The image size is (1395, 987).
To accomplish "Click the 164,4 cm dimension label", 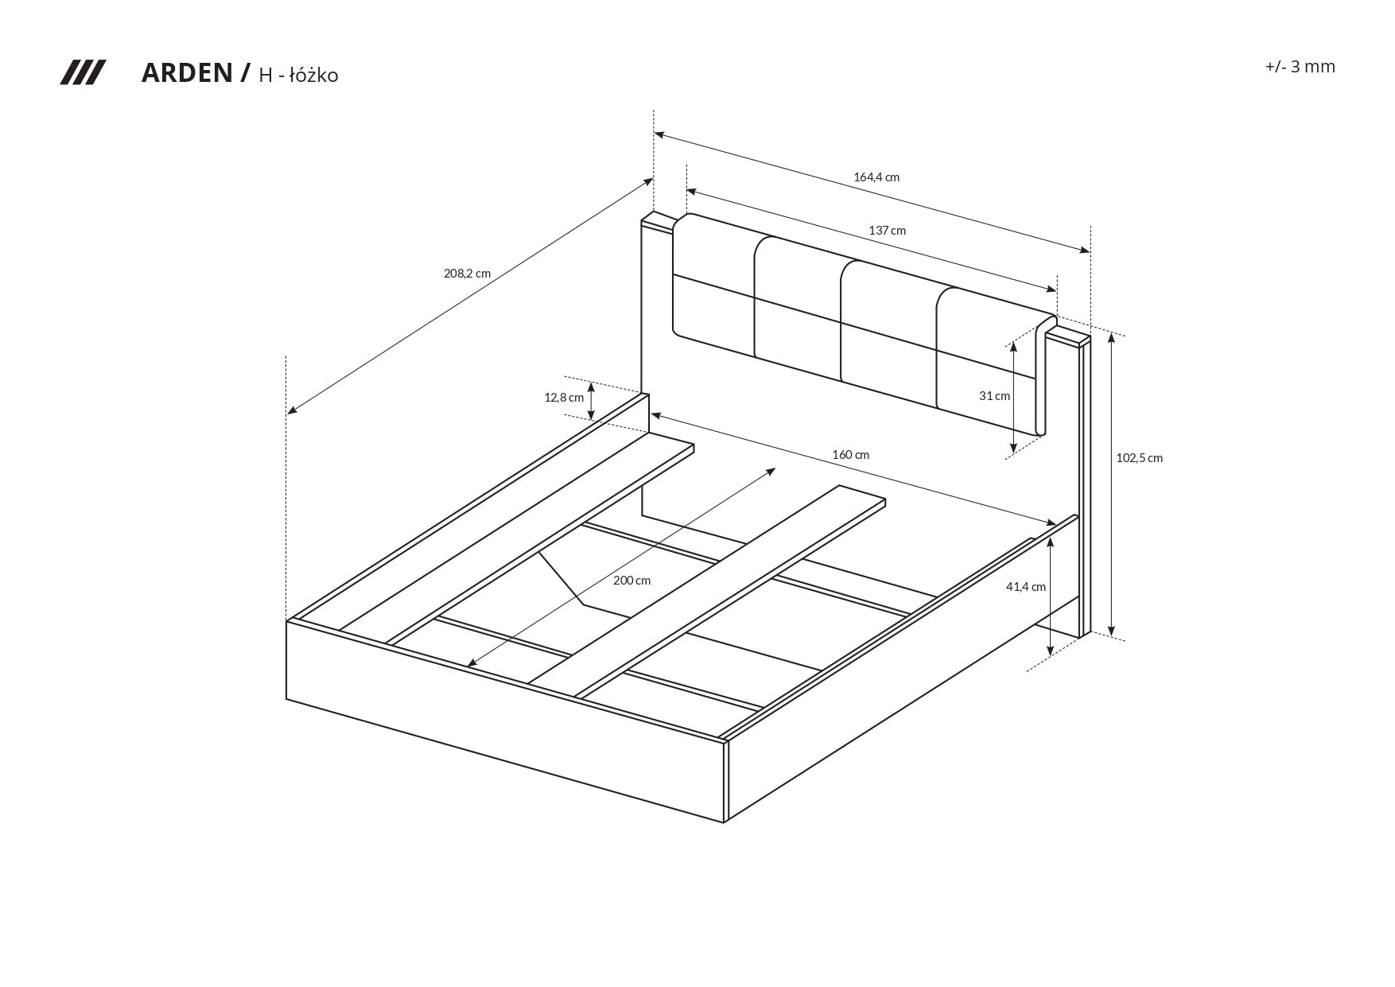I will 876,177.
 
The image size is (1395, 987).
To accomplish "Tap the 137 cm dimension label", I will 887,231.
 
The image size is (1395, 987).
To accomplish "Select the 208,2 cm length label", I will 467,274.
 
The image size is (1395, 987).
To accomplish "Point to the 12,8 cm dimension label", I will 564,398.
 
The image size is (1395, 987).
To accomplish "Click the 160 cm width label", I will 850,455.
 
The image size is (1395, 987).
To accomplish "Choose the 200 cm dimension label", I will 631,581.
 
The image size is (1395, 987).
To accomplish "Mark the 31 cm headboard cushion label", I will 994,396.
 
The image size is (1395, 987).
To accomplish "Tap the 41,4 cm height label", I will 1025,587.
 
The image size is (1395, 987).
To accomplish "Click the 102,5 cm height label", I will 1139,458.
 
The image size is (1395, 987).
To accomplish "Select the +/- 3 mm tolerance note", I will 1300,67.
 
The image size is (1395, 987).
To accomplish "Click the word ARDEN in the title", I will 186,73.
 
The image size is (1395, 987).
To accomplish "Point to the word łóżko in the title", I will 313,76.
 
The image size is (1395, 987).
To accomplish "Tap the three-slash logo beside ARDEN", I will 83,72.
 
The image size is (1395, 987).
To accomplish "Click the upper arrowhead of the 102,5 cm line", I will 1112,337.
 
